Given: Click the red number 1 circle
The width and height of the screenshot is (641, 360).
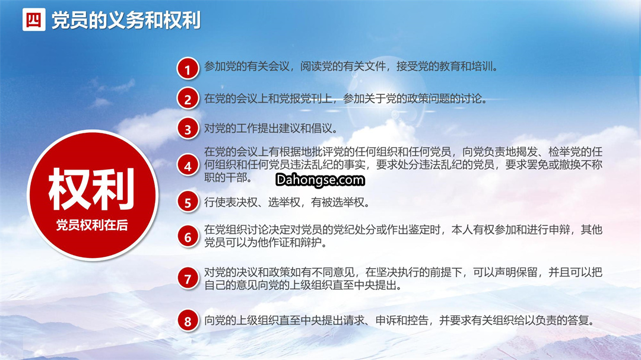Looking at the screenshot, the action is (x=188, y=68).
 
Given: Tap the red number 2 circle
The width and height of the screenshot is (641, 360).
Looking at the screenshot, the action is (x=188, y=99).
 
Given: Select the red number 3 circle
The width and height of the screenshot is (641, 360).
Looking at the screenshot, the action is (x=188, y=129).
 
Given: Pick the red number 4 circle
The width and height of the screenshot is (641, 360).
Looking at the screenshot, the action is (x=188, y=165).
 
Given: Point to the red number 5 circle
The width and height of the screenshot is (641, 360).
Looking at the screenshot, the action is (x=188, y=202).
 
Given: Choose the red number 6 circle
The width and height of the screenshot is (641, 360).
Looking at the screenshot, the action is (x=188, y=237).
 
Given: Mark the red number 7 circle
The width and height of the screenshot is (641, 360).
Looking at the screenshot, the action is (x=188, y=278).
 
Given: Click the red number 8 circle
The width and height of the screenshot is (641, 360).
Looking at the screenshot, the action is (x=188, y=321).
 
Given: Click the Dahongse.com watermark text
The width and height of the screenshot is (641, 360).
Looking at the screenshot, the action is (x=320, y=180).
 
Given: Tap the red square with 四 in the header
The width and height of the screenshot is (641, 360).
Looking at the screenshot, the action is (x=34, y=20).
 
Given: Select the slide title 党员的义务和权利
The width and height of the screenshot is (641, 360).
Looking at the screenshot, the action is (x=126, y=20).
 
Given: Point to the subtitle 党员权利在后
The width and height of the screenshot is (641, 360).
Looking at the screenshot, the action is (x=92, y=225).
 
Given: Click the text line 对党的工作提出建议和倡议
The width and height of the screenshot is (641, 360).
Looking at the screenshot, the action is (x=271, y=129).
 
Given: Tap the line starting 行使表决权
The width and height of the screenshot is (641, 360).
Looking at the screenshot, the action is (x=287, y=202).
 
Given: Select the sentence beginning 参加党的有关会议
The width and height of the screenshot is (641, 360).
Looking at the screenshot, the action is (x=351, y=66).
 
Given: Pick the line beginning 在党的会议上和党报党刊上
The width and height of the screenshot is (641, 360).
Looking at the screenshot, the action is (x=346, y=99).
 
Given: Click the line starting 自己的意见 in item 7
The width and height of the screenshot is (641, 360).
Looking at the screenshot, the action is (x=303, y=285).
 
